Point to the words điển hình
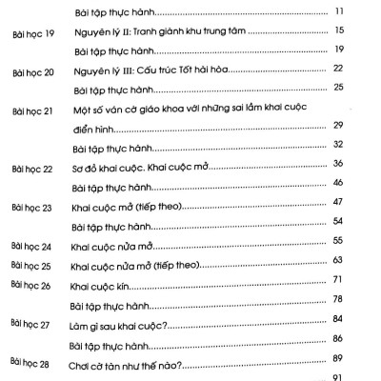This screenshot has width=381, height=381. [x=93, y=128]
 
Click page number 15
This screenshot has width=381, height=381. [x=339, y=31]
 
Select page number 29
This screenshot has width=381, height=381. [x=339, y=127]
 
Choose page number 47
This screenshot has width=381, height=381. [x=339, y=204]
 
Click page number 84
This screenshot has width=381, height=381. [x=339, y=319]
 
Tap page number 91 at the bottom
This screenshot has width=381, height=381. [x=339, y=377]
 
